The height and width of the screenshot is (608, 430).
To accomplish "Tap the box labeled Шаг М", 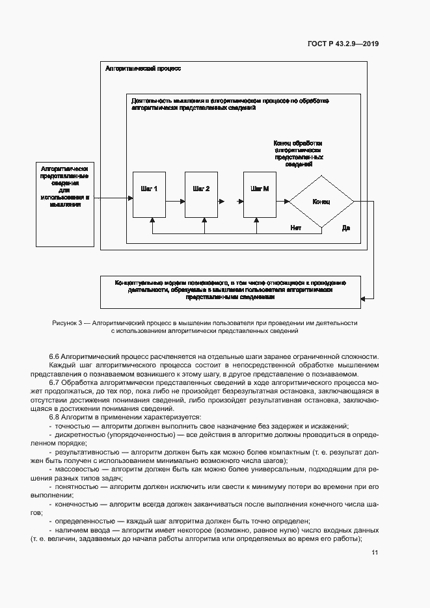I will point(260,194).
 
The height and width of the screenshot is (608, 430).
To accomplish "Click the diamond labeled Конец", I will point(321,202).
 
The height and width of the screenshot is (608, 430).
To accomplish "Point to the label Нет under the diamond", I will point(296,228).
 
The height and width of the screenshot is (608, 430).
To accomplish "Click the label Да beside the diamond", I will point(346,228).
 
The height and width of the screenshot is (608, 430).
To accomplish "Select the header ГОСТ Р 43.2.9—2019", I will point(343,44).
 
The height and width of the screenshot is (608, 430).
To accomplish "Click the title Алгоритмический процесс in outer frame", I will point(143,68).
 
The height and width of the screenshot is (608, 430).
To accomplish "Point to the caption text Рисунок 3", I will point(70,323).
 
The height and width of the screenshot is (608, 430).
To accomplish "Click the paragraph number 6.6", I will point(55,357).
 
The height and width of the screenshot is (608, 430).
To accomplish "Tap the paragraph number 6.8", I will point(55,416).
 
